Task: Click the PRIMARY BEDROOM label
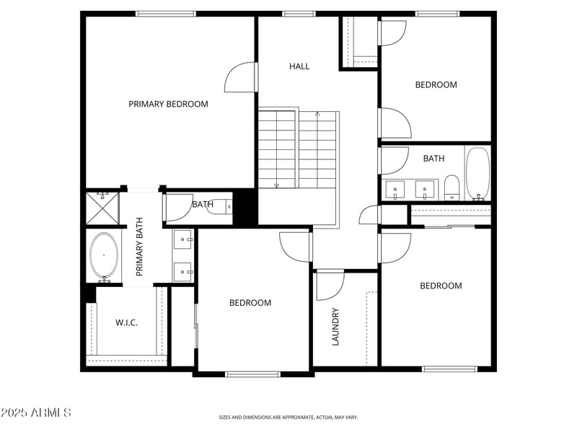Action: click(x=168, y=104)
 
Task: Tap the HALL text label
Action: click(x=299, y=66)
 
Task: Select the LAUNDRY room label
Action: click(x=335, y=327)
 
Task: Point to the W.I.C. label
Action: click(x=126, y=322)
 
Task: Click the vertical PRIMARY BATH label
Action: click(x=140, y=247)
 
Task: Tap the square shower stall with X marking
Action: click(x=102, y=208)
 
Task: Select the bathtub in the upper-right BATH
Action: click(x=477, y=173)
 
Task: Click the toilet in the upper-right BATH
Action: click(x=452, y=188)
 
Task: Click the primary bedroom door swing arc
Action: click(x=239, y=78)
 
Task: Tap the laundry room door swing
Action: click(x=330, y=285)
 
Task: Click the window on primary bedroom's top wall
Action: click(x=166, y=14)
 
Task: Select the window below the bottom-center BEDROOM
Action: click(x=252, y=374)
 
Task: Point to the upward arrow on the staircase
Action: click(x=317, y=114)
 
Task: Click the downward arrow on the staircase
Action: click(x=276, y=185)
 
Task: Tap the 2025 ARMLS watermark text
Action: click(x=36, y=413)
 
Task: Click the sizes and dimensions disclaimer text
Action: click(x=288, y=417)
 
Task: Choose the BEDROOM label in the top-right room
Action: click(x=436, y=84)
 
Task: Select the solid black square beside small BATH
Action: click(x=245, y=207)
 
